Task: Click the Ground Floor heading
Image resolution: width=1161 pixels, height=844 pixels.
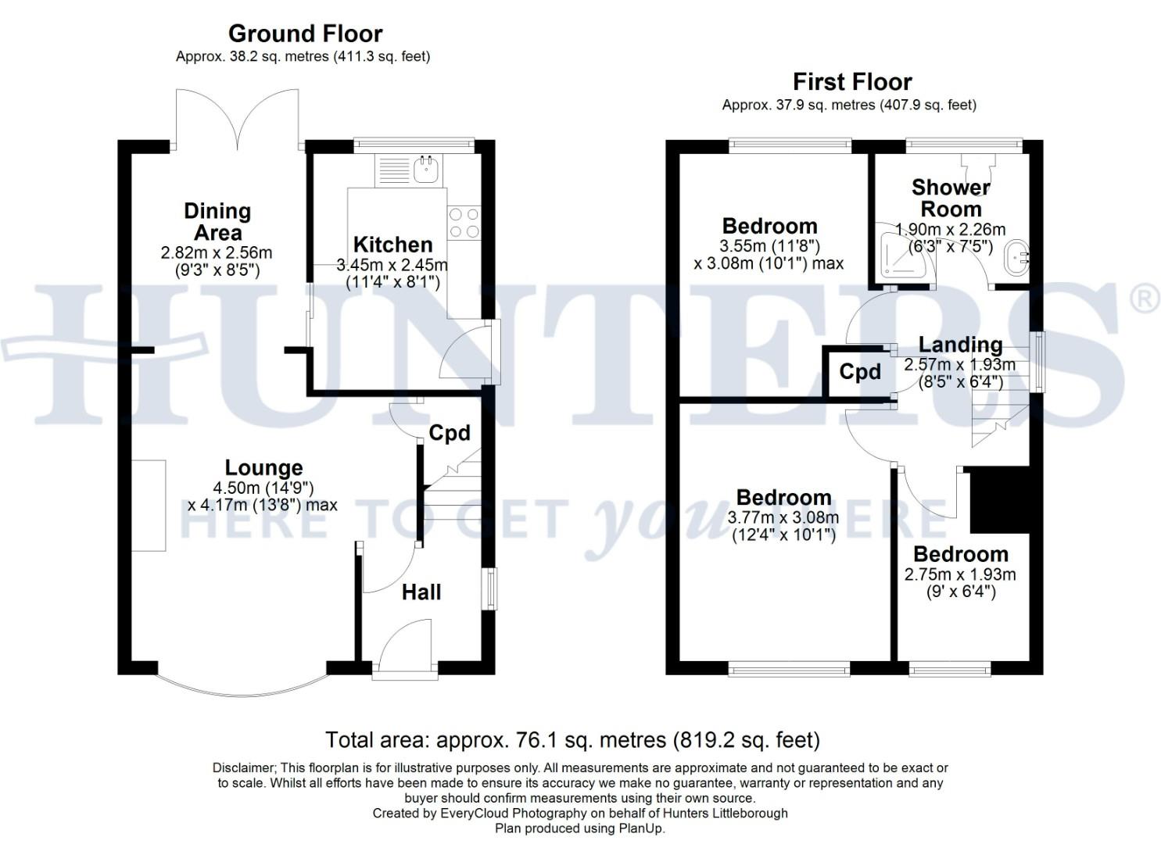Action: (305, 34)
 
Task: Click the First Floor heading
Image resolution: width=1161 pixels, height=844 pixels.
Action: (852, 82)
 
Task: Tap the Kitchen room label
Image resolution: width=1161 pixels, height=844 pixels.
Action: (392, 245)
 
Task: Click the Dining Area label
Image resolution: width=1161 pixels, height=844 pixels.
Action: (217, 222)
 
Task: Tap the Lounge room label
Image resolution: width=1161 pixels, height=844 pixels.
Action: (263, 468)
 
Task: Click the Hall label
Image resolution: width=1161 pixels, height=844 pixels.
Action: (421, 592)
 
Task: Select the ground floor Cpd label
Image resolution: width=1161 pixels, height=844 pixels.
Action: (450, 433)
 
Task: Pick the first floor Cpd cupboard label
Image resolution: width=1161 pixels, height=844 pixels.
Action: (860, 372)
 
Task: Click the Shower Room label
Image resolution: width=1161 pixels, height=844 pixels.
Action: (951, 198)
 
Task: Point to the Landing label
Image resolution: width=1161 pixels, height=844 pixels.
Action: (960, 345)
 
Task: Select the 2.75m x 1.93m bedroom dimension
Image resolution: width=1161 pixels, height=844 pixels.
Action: (960, 574)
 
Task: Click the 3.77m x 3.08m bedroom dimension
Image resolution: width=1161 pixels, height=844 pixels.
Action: (783, 517)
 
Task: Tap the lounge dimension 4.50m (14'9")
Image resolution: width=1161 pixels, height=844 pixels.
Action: (263, 488)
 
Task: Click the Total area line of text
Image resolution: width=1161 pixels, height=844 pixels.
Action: (572, 739)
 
